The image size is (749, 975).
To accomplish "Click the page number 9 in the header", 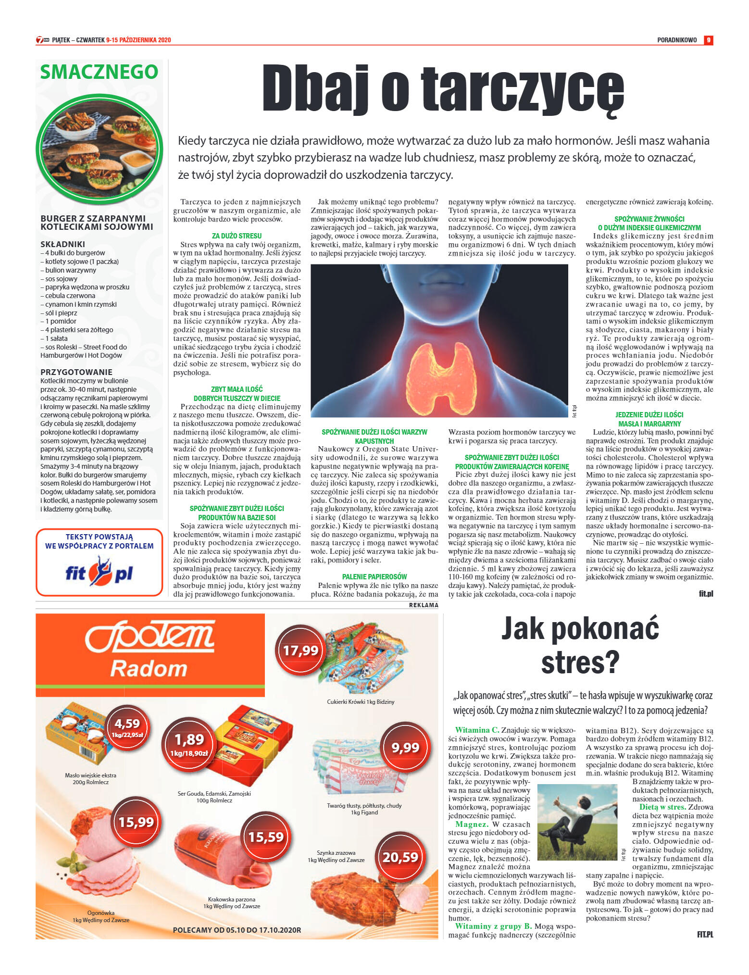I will (x=708, y=40).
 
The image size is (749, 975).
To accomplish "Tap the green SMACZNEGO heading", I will (x=99, y=72).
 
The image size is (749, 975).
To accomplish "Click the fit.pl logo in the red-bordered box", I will (x=99, y=572).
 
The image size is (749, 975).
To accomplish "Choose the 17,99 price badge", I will (x=300, y=650).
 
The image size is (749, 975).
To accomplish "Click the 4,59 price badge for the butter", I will (x=127, y=726).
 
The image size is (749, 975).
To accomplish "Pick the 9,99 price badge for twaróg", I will (x=405, y=747).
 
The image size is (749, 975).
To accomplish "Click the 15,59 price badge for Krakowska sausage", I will (x=266, y=837).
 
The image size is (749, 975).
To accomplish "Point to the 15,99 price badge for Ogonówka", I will (x=136, y=822).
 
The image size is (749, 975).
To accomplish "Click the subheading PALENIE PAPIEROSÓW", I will (x=374, y=577).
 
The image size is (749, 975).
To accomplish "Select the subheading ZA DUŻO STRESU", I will (x=237, y=236).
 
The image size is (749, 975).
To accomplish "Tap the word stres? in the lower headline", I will (x=580, y=662).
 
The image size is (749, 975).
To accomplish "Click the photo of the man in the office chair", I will (x=577, y=822).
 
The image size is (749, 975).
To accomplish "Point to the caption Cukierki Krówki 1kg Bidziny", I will (x=361, y=702).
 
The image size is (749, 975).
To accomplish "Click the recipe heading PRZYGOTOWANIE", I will (x=76, y=372).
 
